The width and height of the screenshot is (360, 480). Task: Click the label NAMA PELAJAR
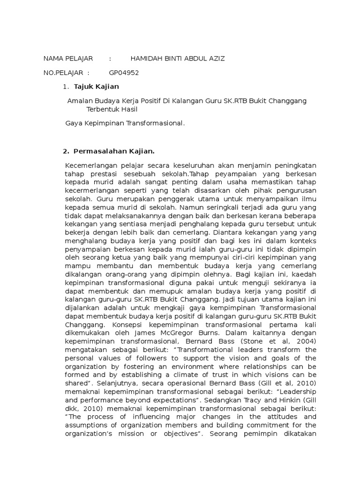coord(68,59)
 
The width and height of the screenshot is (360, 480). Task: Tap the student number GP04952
coord(124,73)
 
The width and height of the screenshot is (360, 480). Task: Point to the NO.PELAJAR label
coord(63,73)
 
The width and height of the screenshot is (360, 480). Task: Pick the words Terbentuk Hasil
coord(112,109)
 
